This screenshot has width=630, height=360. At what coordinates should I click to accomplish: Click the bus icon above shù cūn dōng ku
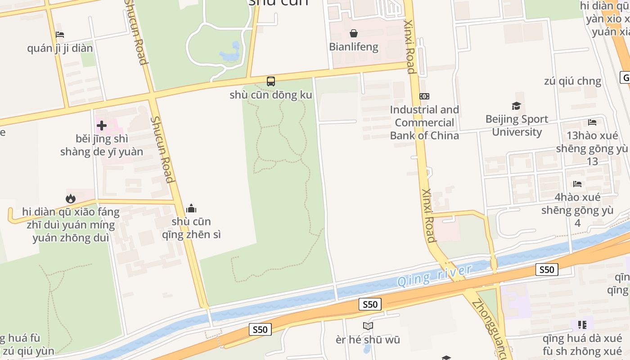270,81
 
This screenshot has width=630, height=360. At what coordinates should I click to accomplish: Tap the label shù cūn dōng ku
270,95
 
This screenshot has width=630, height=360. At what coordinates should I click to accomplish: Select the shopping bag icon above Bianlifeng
354,33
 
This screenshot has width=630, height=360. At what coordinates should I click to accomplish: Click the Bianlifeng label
354,47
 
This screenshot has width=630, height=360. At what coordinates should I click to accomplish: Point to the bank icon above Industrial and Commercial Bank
424,96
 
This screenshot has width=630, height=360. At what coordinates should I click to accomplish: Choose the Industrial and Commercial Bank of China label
424,122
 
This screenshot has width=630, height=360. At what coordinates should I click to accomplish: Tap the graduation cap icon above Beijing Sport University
516,106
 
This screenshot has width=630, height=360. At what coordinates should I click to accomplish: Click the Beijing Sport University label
517,126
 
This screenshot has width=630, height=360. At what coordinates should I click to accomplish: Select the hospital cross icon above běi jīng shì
102,126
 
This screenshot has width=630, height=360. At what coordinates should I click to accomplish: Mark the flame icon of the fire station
70,198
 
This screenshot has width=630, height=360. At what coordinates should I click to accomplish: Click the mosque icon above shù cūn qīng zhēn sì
191,208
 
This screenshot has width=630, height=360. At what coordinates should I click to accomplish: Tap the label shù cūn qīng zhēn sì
192,228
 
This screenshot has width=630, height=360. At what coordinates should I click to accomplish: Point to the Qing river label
434,275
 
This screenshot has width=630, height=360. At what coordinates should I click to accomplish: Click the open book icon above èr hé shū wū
368,326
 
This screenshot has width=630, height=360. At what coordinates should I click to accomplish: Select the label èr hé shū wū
368,340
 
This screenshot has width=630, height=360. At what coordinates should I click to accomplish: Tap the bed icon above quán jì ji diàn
60,35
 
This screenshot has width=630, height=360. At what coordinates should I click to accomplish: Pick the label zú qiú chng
572,81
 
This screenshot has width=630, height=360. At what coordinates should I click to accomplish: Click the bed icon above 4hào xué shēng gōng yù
577,184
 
